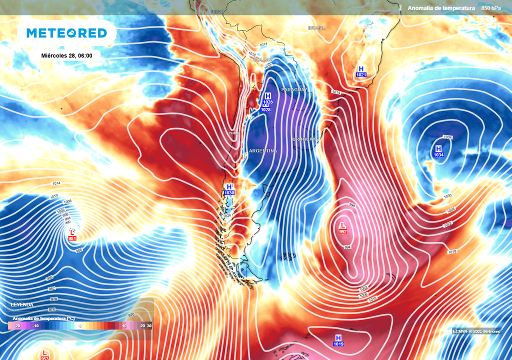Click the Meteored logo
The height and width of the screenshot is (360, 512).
[x=66, y=33]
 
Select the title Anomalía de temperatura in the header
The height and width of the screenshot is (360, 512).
[x=440, y=8]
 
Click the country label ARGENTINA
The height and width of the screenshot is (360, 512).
[x=262, y=150]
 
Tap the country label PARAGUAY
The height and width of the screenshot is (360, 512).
[x=294, y=89]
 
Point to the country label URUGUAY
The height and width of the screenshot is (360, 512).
[x=305, y=139]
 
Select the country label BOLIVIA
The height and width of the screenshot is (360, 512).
[x=263, y=59]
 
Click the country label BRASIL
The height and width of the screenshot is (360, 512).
[x=316, y=28]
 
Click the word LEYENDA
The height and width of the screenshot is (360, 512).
[x=22, y=304]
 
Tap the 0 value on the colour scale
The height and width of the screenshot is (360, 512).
[x=80, y=325]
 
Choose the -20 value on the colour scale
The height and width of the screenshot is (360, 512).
[x=17, y=325]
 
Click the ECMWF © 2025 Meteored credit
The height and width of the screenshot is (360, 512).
[x=476, y=331]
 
